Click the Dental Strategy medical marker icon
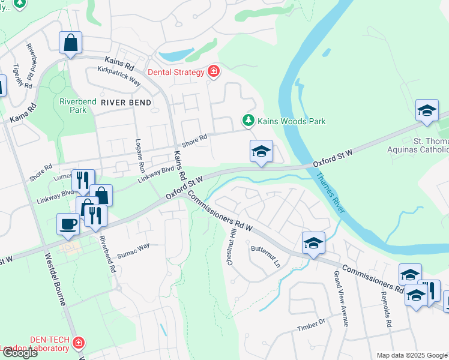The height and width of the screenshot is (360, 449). click(x=213, y=73)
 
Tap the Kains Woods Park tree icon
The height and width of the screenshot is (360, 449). click(x=248, y=121)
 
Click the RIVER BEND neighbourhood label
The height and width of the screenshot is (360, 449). click(x=126, y=103)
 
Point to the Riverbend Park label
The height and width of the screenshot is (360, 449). click(x=78, y=106)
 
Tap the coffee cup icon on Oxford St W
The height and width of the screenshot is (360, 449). click(x=68, y=224)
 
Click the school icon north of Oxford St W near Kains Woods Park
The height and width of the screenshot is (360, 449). click(x=261, y=151)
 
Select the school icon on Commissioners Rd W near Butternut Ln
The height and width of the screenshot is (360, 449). click(x=313, y=243)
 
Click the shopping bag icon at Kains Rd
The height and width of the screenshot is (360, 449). click(x=70, y=43)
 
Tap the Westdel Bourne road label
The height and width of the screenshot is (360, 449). click(x=55, y=280)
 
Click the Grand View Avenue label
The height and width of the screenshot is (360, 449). click(x=340, y=298)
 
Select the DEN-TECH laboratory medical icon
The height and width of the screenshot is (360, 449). click(x=78, y=343)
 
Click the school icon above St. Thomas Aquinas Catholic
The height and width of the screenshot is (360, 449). click(x=427, y=111)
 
